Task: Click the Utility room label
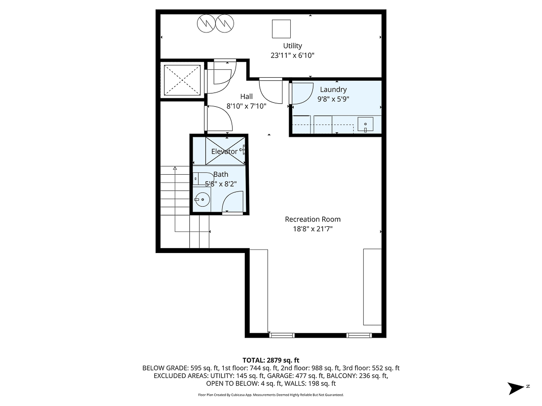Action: click(x=292, y=46)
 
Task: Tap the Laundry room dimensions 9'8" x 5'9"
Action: click(x=333, y=99)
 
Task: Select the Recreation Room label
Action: click(x=312, y=219)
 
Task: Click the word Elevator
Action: click(x=224, y=152)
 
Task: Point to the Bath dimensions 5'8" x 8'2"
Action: click(x=221, y=184)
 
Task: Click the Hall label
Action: click(x=246, y=96)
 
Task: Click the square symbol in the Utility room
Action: click(x=281, y=29)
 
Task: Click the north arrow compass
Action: click(x=516, y=388)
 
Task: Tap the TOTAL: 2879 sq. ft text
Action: click(x=271, y=360)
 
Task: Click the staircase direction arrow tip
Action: click(x=175, y=168)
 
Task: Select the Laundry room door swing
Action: click(x=302, y=94)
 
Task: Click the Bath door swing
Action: click(x=233, y=202)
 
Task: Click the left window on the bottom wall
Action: click(x=282, y=335)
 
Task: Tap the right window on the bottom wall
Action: click(x=358, y=335)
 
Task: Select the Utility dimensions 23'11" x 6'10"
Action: click(x=292, y=56)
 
